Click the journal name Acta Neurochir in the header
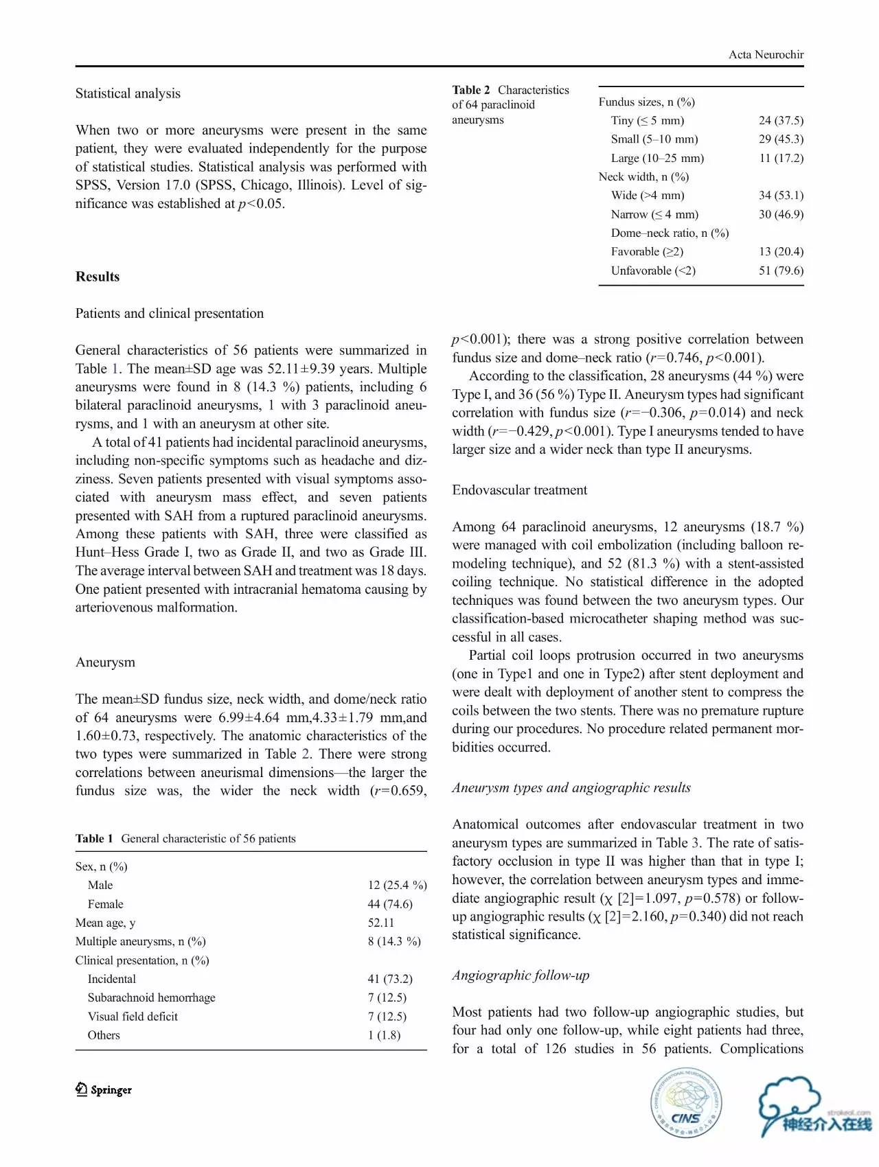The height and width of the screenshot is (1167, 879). pos(766,55)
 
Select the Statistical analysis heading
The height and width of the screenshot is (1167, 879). pos(128,93)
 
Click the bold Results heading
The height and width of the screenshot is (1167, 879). pos(98,277)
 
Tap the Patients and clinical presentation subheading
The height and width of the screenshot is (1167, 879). pos(170,314)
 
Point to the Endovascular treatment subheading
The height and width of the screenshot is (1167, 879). pos(519,490)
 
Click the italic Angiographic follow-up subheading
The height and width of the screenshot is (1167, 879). pos(521,975)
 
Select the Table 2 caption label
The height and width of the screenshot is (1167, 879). pos(471,90)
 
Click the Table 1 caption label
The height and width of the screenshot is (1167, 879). pos(94,839)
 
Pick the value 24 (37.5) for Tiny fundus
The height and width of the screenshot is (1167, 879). pos(781,121)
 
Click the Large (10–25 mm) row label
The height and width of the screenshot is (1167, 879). pos(657,158)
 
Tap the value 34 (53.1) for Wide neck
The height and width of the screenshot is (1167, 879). pos(781,196)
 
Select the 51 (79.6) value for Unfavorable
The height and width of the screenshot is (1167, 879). pos(781,270)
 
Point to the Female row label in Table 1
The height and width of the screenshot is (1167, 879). pos(106,904)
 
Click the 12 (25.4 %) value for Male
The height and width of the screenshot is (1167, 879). pos(397,886)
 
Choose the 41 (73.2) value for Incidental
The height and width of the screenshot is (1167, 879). pos(390,979)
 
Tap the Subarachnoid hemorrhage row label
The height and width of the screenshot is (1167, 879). pos(151,997)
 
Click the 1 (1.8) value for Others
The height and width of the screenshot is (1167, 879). pos(384,1035)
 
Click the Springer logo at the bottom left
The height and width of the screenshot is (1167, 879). pos(104,1090)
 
